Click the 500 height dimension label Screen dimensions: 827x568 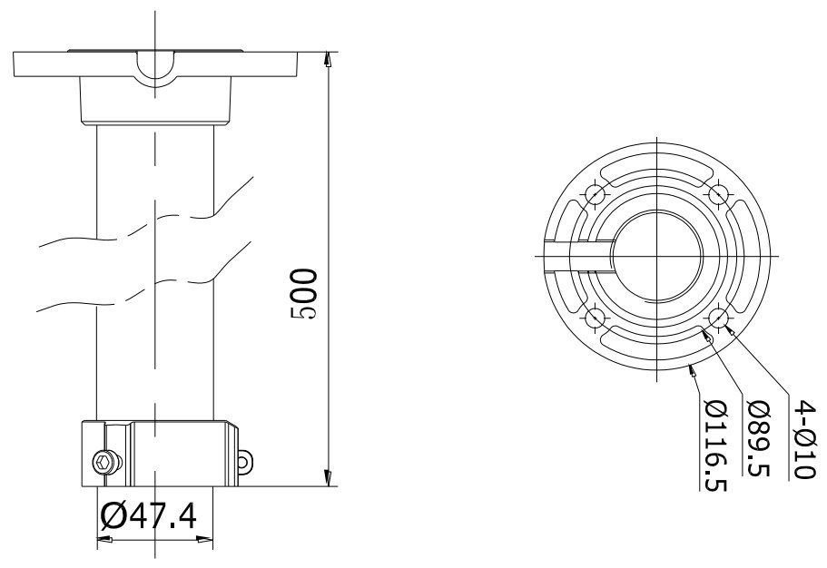(x=304, y=294)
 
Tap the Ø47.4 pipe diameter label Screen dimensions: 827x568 (x=148, y=516)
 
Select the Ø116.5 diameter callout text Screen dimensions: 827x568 (x=716, y=446)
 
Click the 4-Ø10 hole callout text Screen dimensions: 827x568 (x=805, y=439)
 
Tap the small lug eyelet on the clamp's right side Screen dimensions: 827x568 (x=243, y=462)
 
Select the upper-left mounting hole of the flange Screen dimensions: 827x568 (x=595, y=194)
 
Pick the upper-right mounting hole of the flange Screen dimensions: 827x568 (x=719, y=194)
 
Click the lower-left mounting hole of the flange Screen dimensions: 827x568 (x=595, y=318)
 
